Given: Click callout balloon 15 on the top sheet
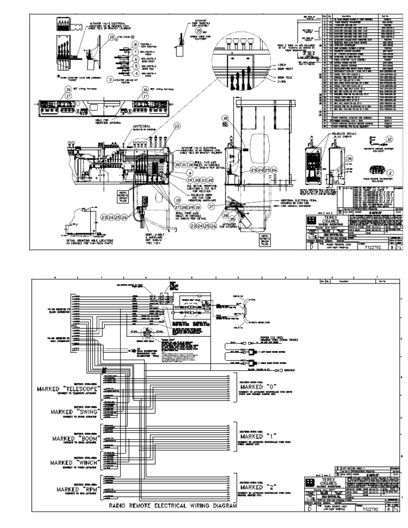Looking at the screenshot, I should pos(112,38).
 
